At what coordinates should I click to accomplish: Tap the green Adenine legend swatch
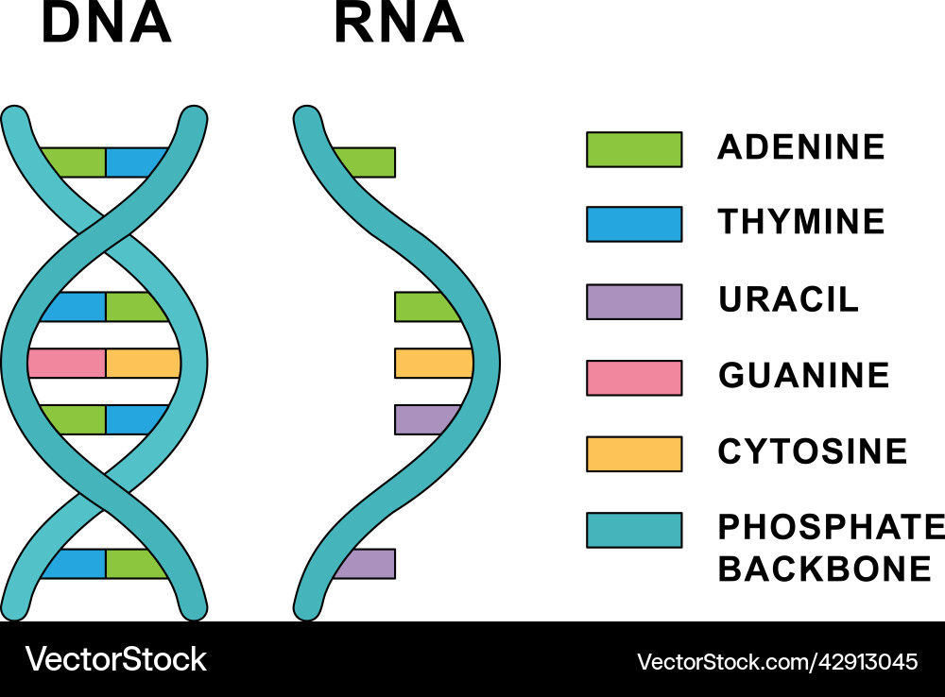coord(634,149)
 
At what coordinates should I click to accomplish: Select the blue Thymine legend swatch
coord(634,224)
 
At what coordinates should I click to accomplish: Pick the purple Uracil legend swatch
coord(634,301)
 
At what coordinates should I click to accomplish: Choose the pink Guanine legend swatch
coord(634,378)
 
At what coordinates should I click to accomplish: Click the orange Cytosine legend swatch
coord(634,453)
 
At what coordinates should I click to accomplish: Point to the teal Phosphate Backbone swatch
coord(634,530)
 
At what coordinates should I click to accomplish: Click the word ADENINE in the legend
coord(801,147)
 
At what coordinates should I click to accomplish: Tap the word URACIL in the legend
coord(788,298)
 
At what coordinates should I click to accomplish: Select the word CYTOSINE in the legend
coord(813,451)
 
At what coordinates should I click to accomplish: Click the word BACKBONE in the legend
coord(825,569)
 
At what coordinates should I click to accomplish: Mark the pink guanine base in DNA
coord(67,364)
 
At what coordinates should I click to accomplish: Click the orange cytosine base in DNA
coord(144,364)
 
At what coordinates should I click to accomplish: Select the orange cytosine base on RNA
coord(434,364)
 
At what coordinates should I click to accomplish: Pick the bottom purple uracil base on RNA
coord(366,564)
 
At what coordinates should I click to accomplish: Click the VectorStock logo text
coord(115,659)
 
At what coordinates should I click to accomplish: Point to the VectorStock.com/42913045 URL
coord(778,662)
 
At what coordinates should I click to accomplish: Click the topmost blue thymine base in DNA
coord(136,162)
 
